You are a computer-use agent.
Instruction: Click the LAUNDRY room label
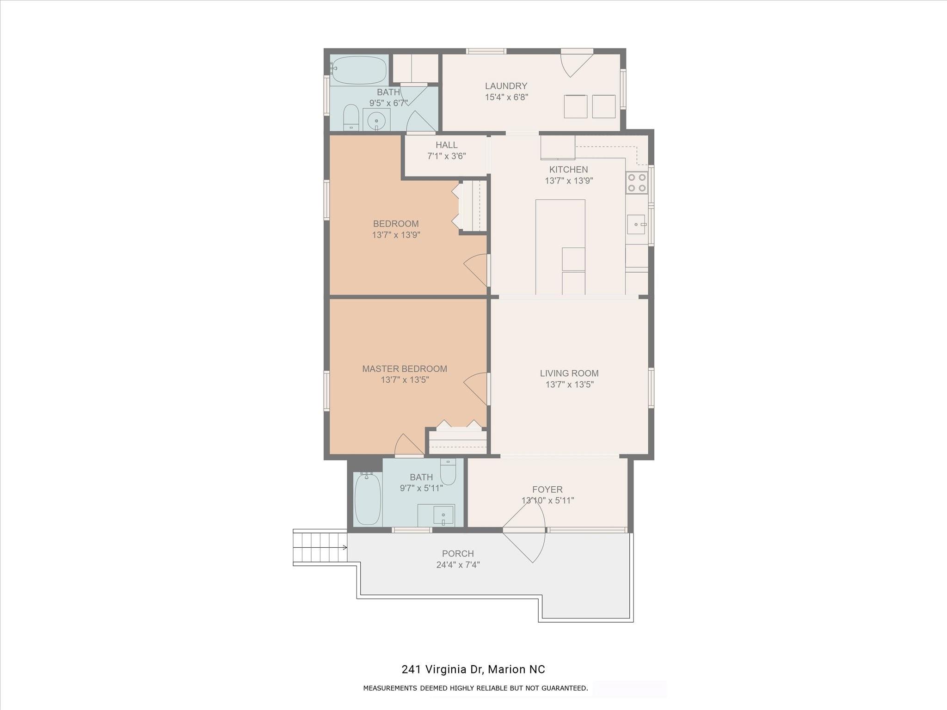506,86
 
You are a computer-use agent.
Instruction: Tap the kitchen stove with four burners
637,183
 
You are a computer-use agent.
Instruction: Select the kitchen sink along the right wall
637,225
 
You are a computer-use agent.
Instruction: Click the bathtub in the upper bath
359,70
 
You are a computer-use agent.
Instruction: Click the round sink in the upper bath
376,121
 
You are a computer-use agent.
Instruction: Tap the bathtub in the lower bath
368,499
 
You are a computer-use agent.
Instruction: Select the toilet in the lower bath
448,471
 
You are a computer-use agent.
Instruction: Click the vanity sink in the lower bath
443,515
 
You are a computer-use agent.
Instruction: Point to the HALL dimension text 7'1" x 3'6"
446,156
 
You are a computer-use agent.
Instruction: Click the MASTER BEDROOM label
405,369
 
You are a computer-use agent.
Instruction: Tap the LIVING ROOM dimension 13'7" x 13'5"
569,385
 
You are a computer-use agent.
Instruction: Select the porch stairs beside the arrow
319,548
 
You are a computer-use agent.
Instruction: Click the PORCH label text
458,554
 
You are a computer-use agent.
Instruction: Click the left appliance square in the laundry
575,107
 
